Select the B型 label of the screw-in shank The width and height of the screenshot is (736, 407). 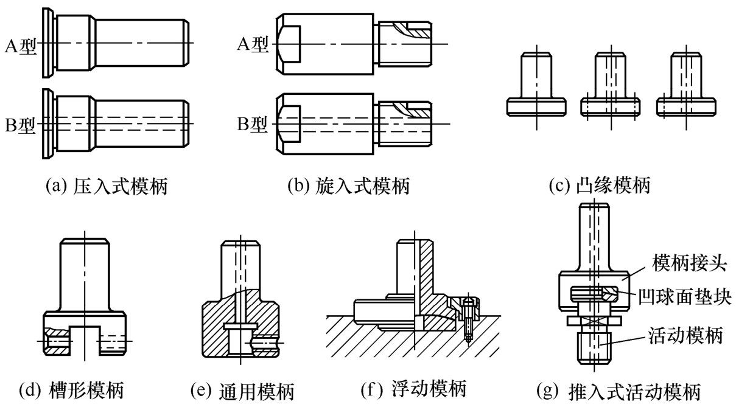click(252, 125)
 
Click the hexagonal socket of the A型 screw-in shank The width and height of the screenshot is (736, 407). click(289, 44)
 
